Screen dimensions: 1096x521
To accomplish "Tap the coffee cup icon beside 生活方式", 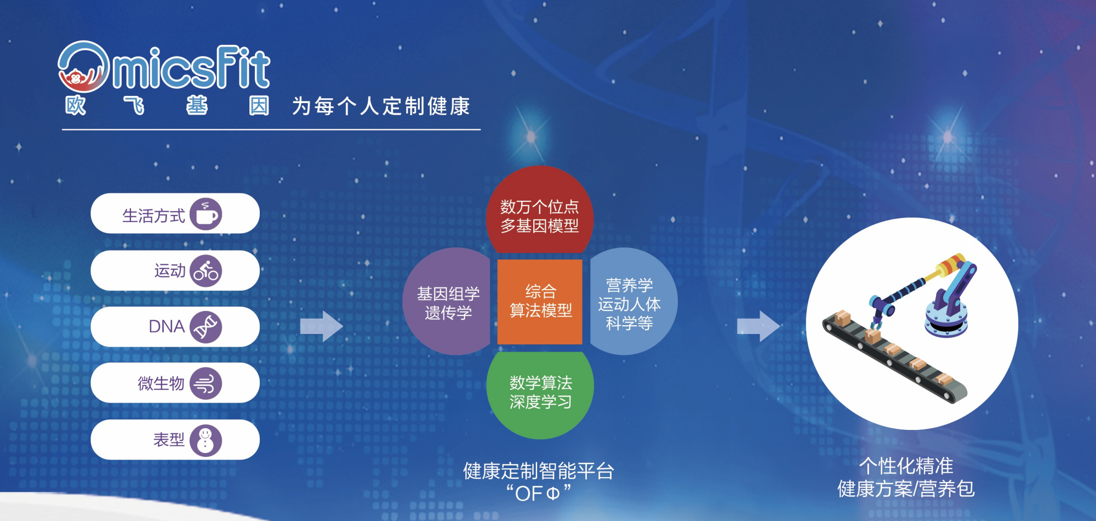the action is point(206,214).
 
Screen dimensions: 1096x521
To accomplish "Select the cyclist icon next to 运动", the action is point(206,271).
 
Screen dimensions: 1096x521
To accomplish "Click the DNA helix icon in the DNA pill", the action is point(206,327).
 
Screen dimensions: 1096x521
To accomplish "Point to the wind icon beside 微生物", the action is point(206,383).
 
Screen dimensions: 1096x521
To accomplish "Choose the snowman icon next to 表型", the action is point(206,440).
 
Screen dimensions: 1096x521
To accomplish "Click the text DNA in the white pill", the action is point(167,327).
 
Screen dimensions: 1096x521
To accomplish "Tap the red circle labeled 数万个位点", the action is point(540,211).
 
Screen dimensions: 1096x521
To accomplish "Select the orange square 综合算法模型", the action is point(540,302).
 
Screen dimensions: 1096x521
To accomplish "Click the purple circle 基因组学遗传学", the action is point(447,302).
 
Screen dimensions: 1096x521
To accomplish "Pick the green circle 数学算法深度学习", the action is point(540,394).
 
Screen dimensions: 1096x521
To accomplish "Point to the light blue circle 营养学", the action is point(632,302).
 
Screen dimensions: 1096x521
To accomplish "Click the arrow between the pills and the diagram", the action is point(322,327).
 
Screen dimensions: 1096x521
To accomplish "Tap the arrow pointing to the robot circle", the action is point(758,327).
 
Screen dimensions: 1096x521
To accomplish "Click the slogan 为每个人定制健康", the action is point(381,106).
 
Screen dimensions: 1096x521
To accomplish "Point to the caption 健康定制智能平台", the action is point(539,471).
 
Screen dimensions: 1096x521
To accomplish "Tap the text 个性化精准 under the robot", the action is point(906,466).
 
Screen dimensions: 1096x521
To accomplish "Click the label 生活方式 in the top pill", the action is point(153,216).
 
